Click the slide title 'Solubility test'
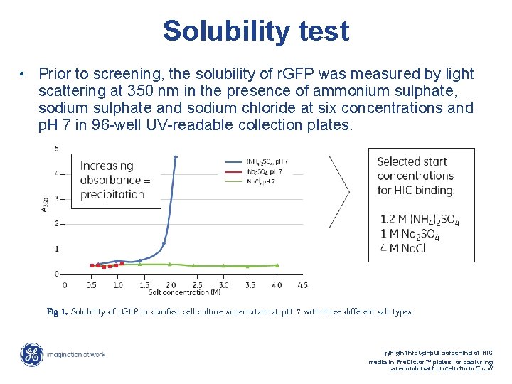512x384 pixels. [256, 31]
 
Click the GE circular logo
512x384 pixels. [31, 355]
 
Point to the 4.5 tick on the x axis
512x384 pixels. [302, 284]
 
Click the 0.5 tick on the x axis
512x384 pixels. [92, 284]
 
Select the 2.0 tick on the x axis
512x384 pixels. [171, 284]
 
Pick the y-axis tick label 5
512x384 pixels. [57, 148]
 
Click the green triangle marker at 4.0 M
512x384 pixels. [277, 265]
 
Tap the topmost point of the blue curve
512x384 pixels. [176, 156]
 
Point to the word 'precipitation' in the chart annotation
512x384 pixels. [112, 194]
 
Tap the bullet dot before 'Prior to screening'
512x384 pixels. [23, 75]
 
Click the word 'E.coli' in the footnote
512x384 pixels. [483, 370]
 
